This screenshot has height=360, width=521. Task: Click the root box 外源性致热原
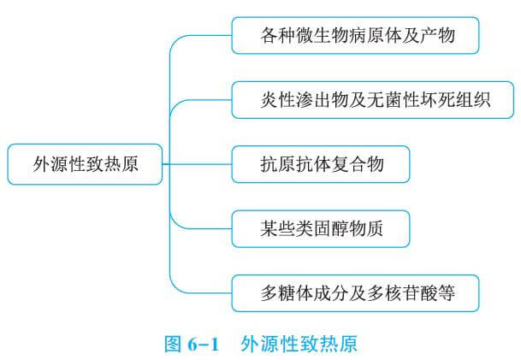tap(84, 163)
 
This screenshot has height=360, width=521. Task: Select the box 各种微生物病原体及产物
tap(355, 37)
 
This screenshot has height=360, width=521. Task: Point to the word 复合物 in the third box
tap(355, 163)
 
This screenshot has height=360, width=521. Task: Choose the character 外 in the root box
tap(42, 163)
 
